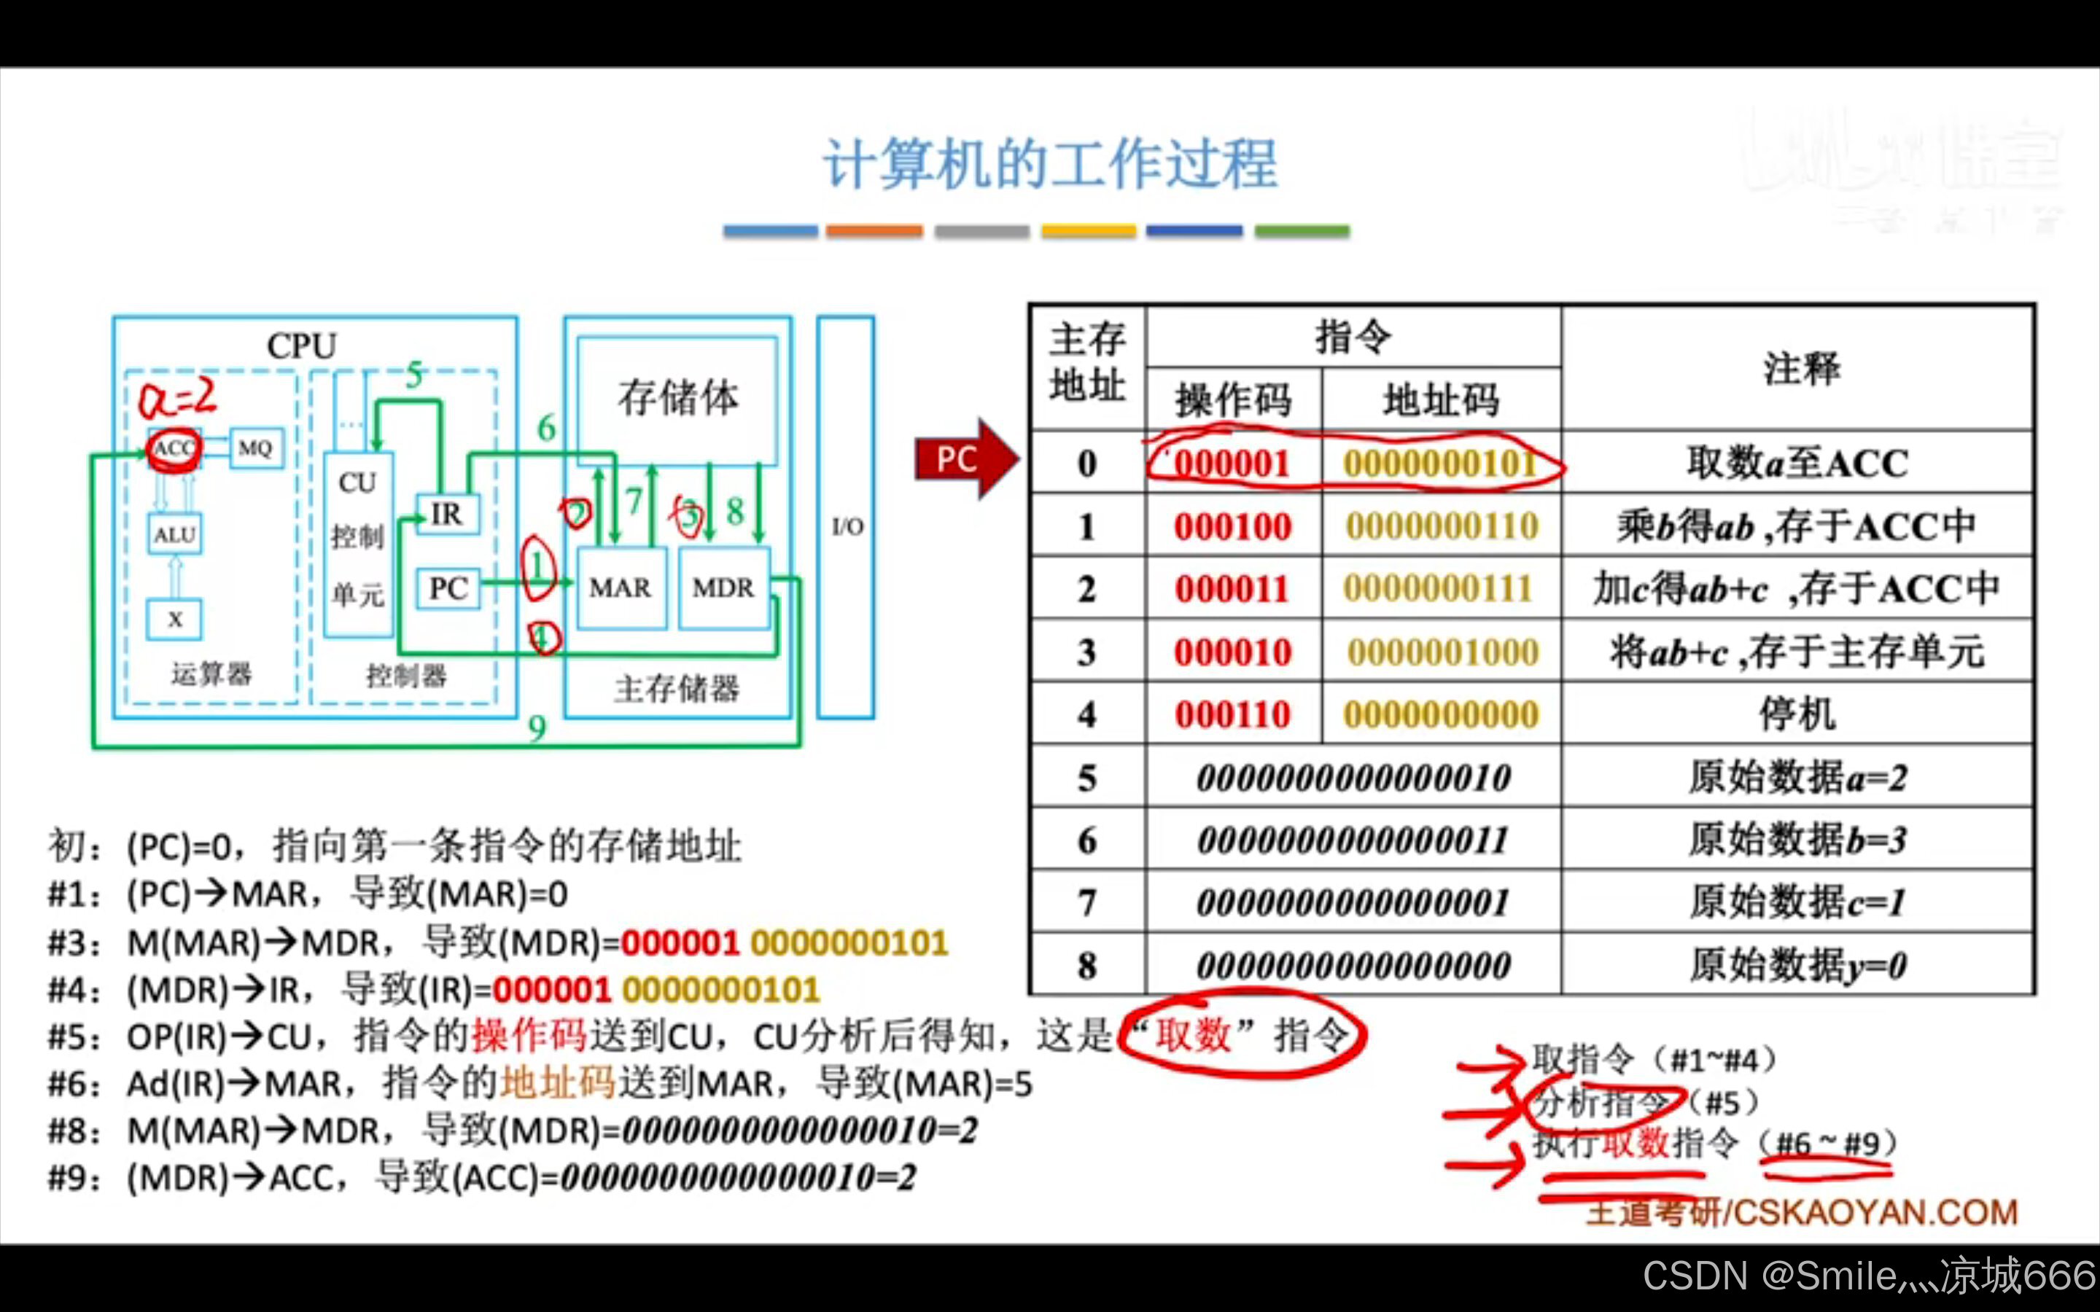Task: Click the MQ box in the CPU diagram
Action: click(x=256, y=448)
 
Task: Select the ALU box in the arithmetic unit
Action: click(x=175, y=534)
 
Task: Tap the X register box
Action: click(x=174, y=619)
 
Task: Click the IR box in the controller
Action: click(x=447, y=514)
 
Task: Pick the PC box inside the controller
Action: click(x=448, y=588)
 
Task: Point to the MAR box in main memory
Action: click(x=621, y=587)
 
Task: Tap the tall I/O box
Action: click(x=846, y=518)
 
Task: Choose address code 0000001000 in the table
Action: click(x=1442, y=652)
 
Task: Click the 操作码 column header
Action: click(x=1233, y=400)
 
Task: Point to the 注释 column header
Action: click(x=1800, y=368)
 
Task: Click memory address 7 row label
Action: click(x=1086, y=903)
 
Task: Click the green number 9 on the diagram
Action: click(x=537, y=728)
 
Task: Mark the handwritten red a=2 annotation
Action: click(x=178, y=397)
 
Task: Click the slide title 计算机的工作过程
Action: click(x=1050, y=164)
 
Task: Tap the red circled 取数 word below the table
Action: click(x=1193, y=1034)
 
